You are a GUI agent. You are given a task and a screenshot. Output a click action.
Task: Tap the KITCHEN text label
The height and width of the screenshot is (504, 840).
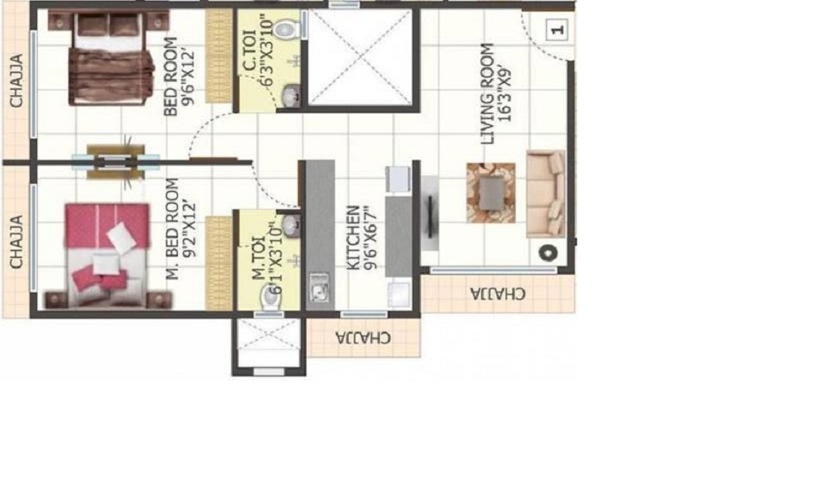pos(354,239)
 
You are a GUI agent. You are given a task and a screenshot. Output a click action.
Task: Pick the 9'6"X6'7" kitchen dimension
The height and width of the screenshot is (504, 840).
pos(370,239)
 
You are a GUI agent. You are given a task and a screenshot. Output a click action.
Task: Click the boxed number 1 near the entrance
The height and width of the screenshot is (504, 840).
pos(557,31)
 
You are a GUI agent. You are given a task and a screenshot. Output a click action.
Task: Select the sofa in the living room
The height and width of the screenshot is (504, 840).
pos(546,193)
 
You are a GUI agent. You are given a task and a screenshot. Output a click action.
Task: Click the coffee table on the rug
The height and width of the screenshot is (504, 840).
pos(491,192)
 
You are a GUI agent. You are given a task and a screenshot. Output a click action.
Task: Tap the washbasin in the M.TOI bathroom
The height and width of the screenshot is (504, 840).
pos(290,225)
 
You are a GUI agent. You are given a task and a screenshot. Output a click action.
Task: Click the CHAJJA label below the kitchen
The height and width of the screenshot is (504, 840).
pos(363,338)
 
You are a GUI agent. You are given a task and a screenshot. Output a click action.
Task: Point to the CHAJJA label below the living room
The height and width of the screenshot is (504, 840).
pos(498,294)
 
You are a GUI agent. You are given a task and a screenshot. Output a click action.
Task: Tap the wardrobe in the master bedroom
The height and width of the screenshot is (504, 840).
pos(219,262)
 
